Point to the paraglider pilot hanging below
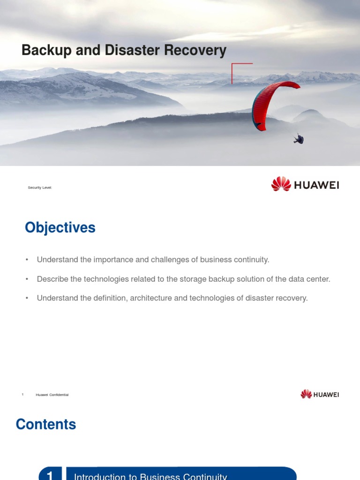[x=299, y=138]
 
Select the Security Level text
[x=40, y=187]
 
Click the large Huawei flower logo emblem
[x=281, y=184]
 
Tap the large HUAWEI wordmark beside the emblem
[x=316, y=185]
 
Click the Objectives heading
[x=60, y=228]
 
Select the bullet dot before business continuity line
[x=27, y=260]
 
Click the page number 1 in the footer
[x=22, y=395]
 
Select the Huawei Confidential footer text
[x=52, y=395]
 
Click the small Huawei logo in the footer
[x=320, y=394]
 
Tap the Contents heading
[x=46, y=424]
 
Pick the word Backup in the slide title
[x=44, y=50]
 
